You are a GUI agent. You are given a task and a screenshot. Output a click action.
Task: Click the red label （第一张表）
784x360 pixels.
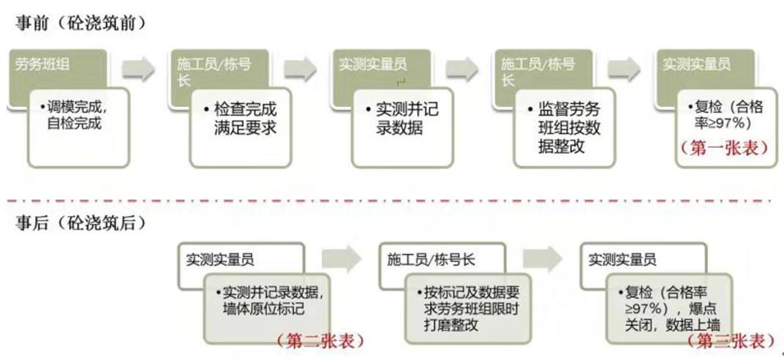pyautogui.click(x=724, y=146)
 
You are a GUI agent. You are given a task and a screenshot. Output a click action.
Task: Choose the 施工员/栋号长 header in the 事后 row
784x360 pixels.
pyautogui.click(x=431, y=259)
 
